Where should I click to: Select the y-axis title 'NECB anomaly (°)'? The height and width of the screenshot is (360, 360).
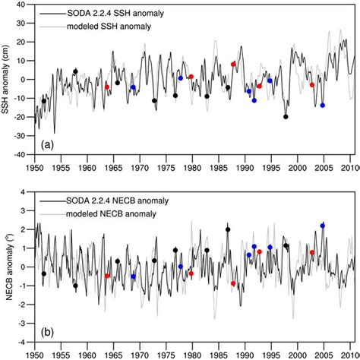click(8, 266)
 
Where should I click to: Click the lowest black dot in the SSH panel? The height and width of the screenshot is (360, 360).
click(286, 117)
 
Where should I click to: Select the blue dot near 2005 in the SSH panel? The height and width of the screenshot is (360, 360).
click(323, 105)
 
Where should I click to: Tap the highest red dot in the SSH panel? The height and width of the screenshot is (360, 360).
click(233, 65)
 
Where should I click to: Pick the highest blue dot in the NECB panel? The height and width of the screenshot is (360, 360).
click(323, 226)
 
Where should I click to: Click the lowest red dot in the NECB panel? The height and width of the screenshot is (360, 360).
click(233, 283)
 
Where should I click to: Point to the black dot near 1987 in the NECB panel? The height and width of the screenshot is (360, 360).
click(228, 229)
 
